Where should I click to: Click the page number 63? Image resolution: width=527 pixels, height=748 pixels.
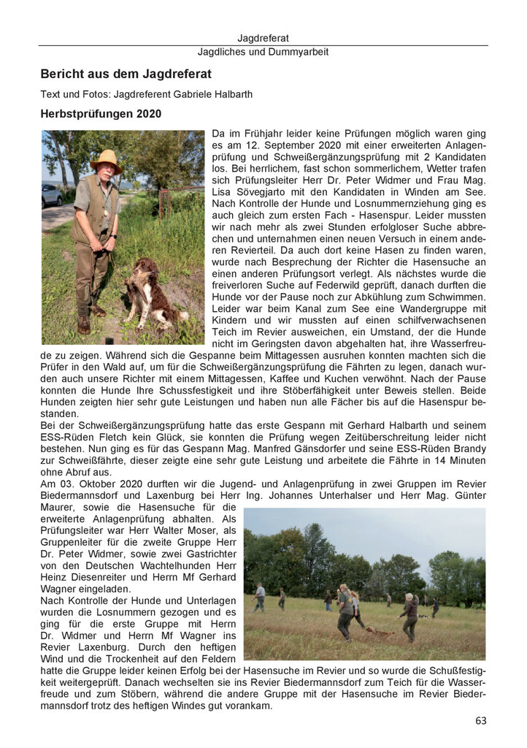point(480,720)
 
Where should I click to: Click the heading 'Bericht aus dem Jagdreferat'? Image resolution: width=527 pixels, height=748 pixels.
point(126,74)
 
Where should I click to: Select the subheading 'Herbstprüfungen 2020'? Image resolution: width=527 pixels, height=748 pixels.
point(101,114)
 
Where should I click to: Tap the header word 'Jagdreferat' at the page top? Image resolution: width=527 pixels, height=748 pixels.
point(263,37)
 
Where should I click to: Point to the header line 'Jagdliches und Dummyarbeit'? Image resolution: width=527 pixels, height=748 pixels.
point(263,52)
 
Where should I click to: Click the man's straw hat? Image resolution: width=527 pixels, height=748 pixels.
point(106,159)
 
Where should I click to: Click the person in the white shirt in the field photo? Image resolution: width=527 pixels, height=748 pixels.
point(260,595)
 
